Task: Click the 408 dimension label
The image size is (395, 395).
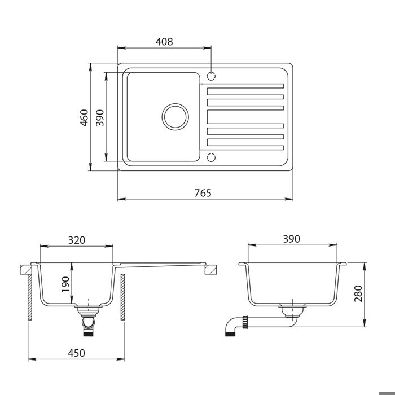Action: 164,42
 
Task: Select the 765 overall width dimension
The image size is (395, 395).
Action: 203,193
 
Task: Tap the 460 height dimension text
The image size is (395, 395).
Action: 84,117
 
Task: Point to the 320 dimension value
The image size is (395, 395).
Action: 77,240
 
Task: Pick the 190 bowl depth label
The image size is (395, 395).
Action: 65,284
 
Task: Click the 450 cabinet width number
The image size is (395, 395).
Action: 77,353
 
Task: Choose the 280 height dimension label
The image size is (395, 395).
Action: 358,293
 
